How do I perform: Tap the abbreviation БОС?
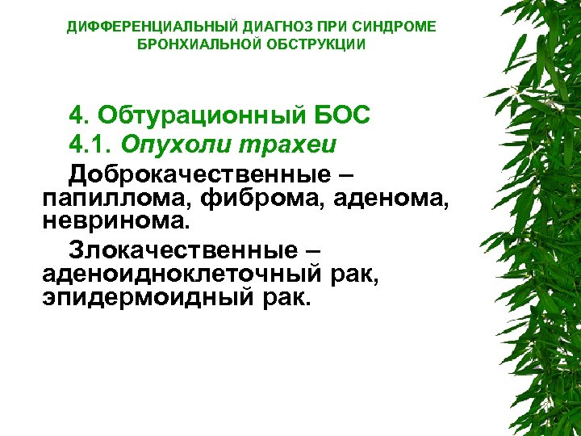point(343,115)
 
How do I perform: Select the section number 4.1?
point(91,145)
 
